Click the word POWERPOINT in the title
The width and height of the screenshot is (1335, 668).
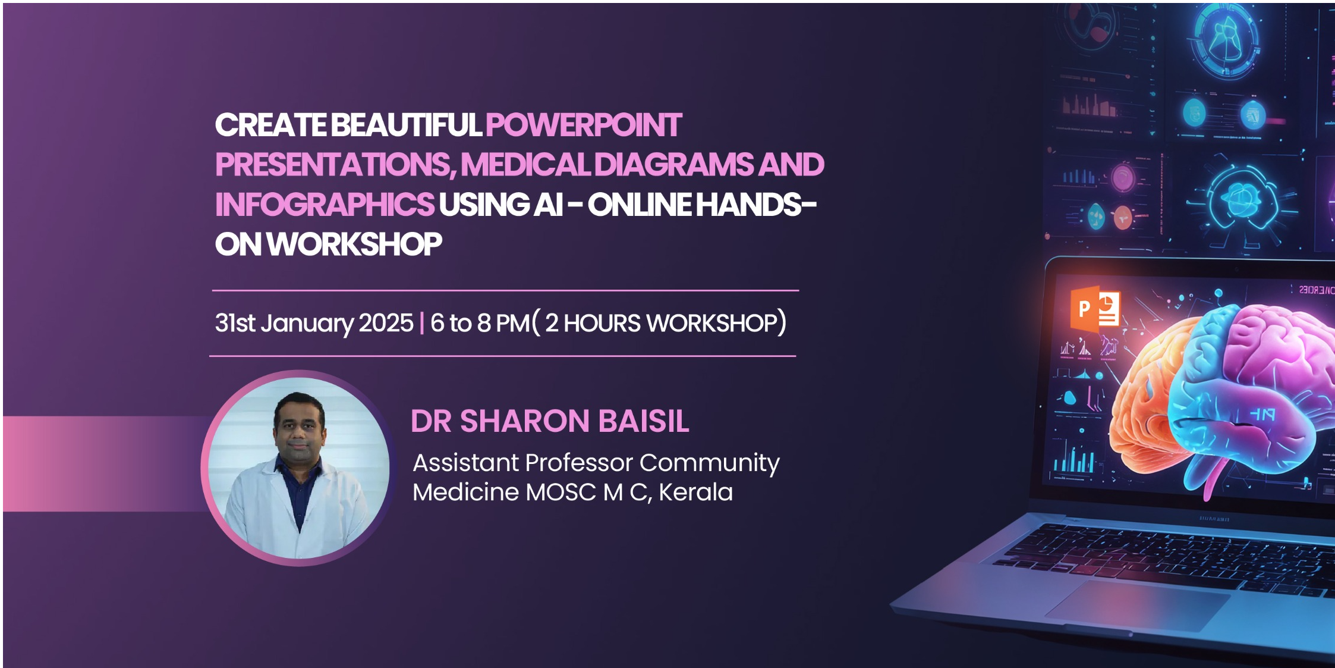(583, 126)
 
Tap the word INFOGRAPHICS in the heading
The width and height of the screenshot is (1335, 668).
(325, 205)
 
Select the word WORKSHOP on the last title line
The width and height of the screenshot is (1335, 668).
(354, 244)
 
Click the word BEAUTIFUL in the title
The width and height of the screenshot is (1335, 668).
(406, 126)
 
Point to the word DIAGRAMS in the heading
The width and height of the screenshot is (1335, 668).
(673, 165)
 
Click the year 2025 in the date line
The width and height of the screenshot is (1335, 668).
(386, 323)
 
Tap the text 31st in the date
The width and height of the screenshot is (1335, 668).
(235, 323)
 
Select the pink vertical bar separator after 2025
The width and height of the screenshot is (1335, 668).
(422, 323)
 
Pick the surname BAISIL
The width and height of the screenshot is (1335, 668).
(644, 421)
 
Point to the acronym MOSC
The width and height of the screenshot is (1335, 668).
(561, 493)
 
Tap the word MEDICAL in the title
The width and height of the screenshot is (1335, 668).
(525, 165)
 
